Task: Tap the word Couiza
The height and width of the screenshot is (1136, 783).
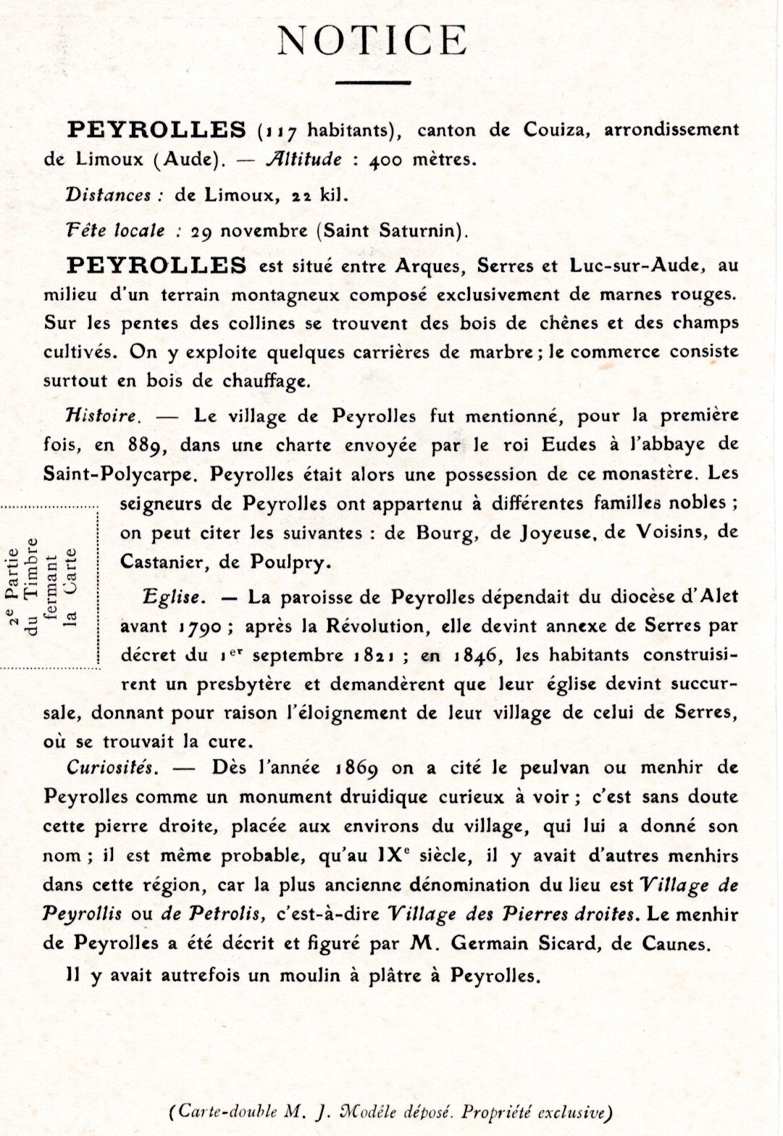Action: tap(551, 130)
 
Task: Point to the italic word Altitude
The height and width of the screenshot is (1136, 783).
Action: tap(303, 159)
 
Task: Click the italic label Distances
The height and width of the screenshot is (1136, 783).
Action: tap(107, 195)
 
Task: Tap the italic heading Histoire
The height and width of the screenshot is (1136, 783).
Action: tap(101, 416)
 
